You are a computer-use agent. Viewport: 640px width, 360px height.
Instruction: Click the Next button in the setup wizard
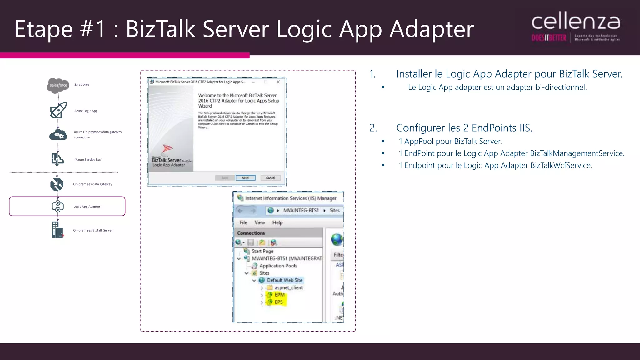pos(245,178)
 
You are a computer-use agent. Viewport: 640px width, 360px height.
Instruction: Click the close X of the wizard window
pos(278,82)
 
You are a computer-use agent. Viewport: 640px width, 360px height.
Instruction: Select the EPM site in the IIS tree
pos(279,295)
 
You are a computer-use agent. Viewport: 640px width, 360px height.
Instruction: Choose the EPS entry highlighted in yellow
pos(278,302)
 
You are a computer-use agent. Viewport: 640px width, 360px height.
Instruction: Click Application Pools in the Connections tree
pos(278,266)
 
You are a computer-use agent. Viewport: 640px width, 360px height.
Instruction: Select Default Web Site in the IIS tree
pos(284,280)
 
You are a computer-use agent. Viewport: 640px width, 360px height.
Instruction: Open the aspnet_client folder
pos(288,287)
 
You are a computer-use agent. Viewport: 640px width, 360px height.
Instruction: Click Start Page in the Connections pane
pos(262,251)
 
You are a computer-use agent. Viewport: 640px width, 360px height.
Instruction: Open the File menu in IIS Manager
pos(243,222)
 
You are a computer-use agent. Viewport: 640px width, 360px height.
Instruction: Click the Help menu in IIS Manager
pos(277,222)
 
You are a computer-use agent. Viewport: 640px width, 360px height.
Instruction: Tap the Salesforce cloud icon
pos(58,85)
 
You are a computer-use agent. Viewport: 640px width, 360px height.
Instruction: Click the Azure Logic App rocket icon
pos(58,110)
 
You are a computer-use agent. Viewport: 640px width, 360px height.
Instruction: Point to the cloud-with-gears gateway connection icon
pos(58,135)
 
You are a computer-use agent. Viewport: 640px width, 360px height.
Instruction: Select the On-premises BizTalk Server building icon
pos(57,230)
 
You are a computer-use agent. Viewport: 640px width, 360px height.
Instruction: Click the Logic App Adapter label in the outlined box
pos(87,207)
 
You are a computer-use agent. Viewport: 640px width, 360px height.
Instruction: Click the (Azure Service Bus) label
pos(88,160)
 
